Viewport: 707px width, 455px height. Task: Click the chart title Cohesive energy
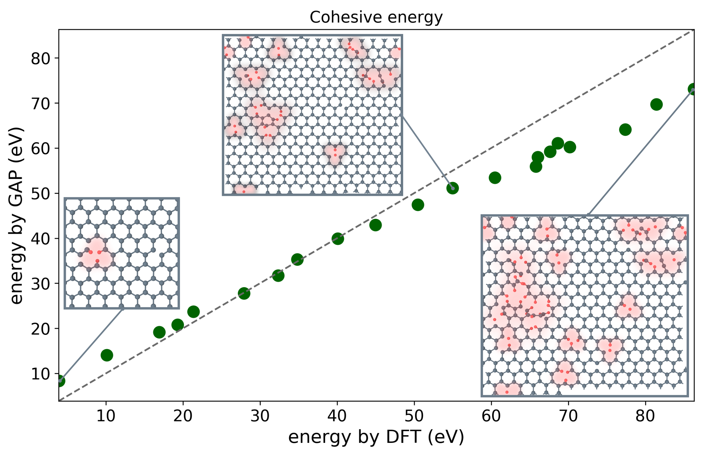coord(376,17)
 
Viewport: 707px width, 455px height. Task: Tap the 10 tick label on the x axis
coord(106,416)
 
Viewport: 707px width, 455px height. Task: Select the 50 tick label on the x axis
coord(414,416)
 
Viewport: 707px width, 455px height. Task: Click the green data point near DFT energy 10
coord(107,355)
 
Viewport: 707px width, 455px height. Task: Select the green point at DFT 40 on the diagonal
coord(338,238)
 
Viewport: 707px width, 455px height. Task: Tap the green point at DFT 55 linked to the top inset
coord(452,188)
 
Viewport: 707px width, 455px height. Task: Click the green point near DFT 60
coord(495,178)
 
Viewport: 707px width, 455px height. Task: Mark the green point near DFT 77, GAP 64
coord(625,130)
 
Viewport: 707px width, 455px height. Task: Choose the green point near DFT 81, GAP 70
coord(656,104)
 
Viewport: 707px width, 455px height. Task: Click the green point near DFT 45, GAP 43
coord(375,225)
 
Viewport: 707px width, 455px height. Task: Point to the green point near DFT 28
coord(244,293)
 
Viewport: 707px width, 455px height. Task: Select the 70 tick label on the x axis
coord(568,416)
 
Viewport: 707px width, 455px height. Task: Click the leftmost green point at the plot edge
coord(60,380)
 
